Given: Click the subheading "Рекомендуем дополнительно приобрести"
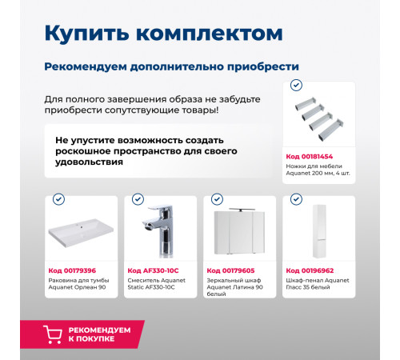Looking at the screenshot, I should coord(172,66).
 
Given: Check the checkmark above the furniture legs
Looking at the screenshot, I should coord(296,85).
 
